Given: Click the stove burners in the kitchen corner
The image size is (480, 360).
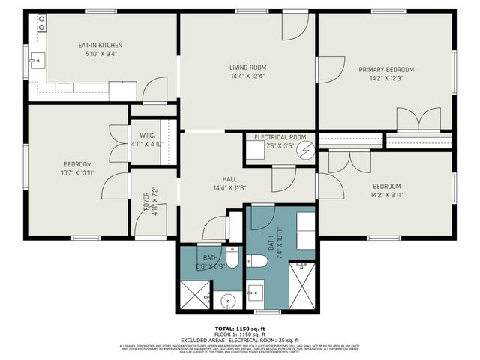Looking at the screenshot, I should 38,24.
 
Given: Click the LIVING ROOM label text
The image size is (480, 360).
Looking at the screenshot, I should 247,67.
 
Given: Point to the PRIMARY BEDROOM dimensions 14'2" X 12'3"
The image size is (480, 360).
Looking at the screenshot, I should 385,78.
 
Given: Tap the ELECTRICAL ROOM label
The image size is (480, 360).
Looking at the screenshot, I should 280,138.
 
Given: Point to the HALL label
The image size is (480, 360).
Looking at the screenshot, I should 229,179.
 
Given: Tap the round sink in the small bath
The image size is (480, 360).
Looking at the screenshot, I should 228,301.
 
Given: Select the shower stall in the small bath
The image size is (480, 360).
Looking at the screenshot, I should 193,295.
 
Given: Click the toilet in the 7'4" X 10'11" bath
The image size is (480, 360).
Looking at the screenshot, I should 257,261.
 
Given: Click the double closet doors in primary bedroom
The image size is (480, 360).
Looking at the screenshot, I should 418,120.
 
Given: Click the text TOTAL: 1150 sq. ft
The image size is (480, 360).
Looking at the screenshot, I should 240,328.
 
